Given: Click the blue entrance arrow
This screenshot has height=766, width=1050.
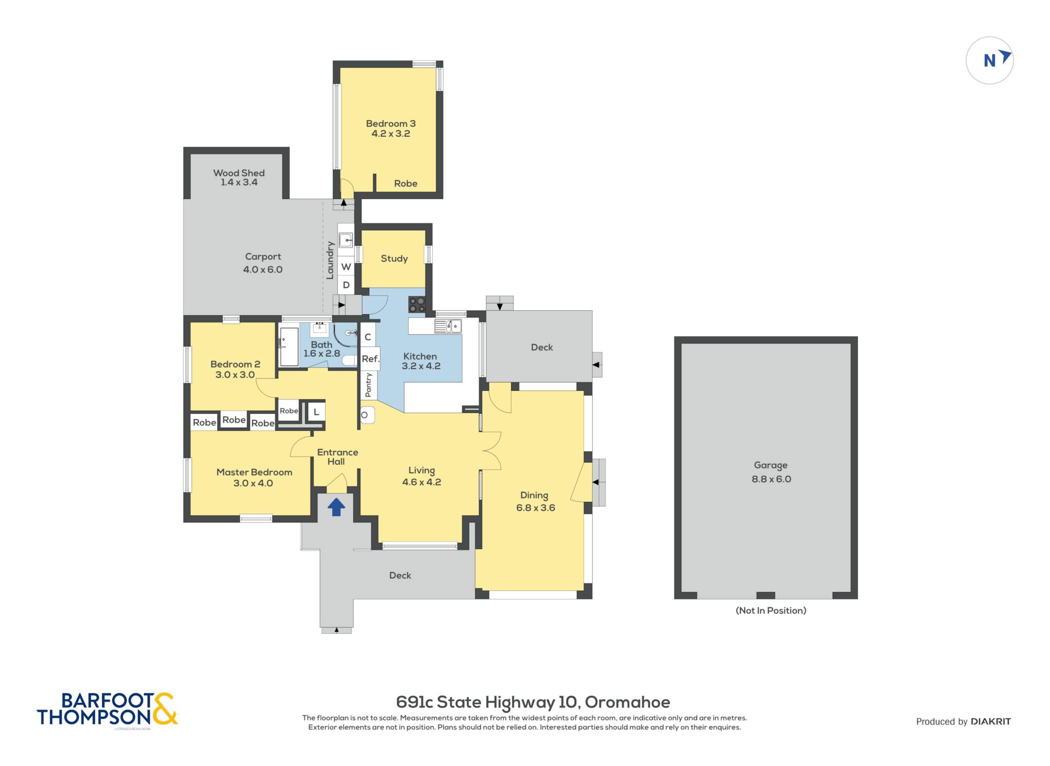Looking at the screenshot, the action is coord(336,507).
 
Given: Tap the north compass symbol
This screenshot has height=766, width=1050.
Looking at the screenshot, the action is coord(990,61).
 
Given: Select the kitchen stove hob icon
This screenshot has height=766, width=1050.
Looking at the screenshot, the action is coord(417,305).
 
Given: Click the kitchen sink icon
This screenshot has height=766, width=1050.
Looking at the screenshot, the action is coord(448,326).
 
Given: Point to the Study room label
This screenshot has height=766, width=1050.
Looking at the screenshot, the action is coord(394,258).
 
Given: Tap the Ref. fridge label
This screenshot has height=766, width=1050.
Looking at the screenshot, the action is coord(370,359).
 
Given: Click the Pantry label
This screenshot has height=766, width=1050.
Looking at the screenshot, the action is coord(368,385).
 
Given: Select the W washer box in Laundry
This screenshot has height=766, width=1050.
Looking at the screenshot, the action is coord(346,267).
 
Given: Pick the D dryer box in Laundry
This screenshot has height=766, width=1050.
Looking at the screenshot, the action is coord(346,285).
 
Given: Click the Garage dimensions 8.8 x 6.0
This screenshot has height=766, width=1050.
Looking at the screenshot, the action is coord(772,479).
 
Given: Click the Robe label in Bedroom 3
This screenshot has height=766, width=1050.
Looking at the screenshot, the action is coord(406,183).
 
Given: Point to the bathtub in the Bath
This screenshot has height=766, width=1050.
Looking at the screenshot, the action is coord(289,347).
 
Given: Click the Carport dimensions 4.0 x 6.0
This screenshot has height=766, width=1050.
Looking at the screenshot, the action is coord(262,269).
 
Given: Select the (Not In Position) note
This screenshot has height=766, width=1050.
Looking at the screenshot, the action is coord(771,610).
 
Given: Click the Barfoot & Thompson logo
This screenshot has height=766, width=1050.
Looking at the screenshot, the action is coord(107,709).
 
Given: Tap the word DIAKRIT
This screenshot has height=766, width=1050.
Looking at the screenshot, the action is coord(991,721).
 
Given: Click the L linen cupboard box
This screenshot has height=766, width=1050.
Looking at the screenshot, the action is coord(316,412).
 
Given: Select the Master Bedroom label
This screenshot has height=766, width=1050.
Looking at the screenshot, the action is coord(254,472).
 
